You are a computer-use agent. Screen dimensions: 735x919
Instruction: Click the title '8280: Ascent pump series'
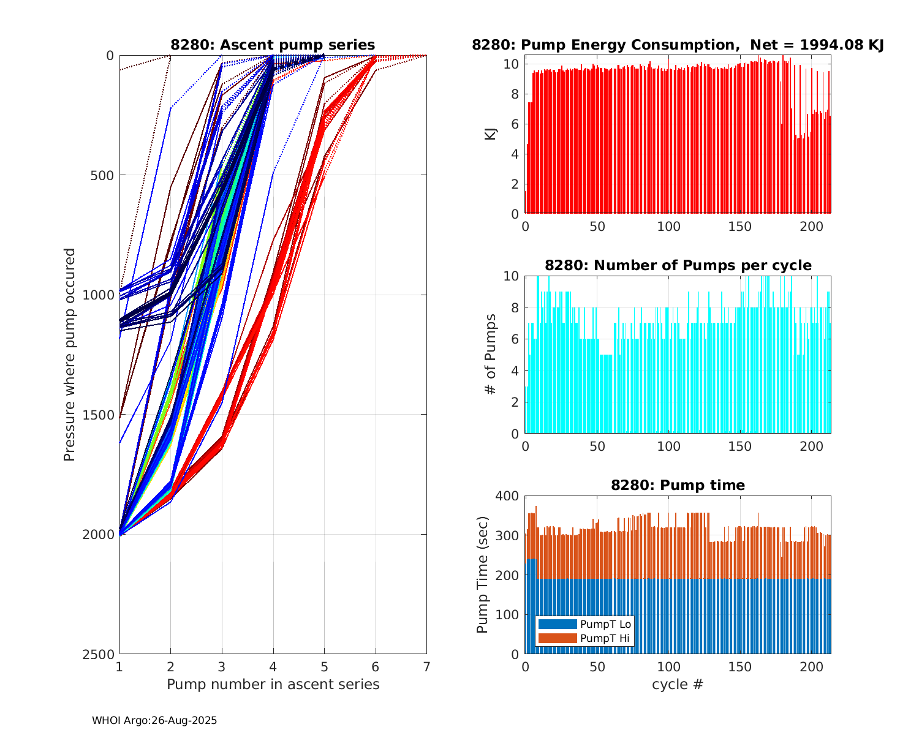tap(273, 45)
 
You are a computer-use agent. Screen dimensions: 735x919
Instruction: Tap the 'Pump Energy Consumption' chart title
tap(678, 45)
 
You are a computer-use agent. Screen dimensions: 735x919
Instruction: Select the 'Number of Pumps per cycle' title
tap(678, 265)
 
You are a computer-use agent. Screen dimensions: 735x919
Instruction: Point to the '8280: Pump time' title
tap(678, 485)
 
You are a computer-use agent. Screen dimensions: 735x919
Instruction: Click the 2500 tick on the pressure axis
tap(101, 654)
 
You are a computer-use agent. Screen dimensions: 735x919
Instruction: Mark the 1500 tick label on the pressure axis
tap(101, 415)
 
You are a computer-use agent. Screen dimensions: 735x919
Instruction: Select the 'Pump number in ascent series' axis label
tap(273, 684)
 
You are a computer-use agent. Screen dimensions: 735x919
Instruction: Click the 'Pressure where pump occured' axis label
tap(69, 355)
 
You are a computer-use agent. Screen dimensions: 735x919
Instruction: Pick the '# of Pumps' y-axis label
tap(490, 354)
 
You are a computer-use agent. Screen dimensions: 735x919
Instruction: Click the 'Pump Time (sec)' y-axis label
tap(482, 575)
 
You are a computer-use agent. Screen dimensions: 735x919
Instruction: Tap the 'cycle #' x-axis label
tap(678, 684)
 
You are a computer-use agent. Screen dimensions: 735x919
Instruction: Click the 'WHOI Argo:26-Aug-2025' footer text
tap(154, 721)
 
